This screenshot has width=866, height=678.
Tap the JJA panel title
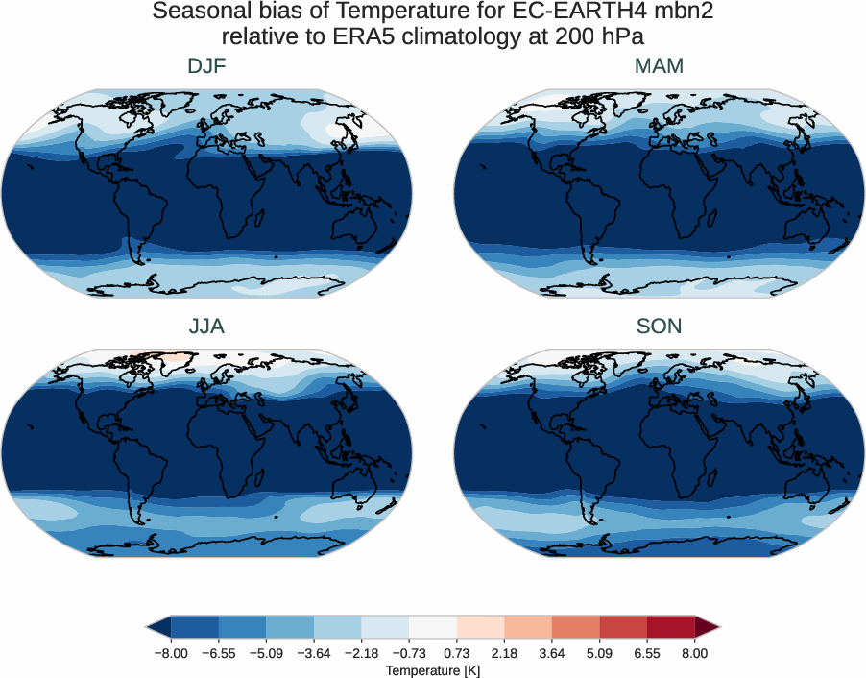[x=206, y=327]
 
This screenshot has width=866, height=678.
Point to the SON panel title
[x=659, y=327]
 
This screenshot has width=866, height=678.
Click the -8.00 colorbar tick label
[x=172, y=653]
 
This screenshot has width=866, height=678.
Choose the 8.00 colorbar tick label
[x=694, y=653]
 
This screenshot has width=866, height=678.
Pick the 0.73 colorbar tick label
[x=456, y=653]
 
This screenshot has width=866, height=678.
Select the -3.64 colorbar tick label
[x=314, y=653]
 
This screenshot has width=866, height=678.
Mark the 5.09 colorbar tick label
[x=599, y=653]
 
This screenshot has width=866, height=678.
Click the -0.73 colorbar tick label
[x=409, y=653]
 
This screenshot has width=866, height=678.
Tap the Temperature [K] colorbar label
[x=432, y=670]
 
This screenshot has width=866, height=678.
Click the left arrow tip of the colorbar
[x=149, y=628]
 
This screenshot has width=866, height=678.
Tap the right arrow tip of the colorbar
[x=717, y=628]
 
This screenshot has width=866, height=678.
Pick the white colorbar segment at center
[x=433, y=628]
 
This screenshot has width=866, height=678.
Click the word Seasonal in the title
[x=197, y=13]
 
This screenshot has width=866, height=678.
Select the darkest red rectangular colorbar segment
[x=670, y=628]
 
